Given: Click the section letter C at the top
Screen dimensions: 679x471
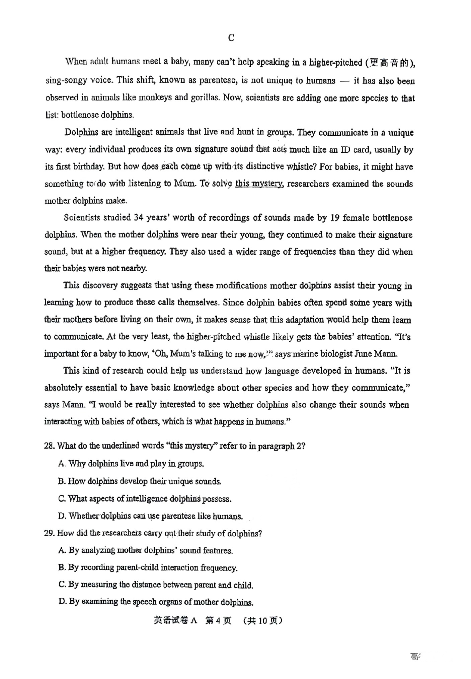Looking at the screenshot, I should (x=231, y=38).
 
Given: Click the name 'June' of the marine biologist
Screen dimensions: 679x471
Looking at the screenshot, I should (x=363, y=354).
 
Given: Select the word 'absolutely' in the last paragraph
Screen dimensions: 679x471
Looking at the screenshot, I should (x=63, y=388).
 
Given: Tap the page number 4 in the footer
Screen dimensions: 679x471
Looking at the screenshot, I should (x=218, y=621).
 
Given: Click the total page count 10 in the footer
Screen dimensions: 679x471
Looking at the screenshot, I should (x=263, y=621).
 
